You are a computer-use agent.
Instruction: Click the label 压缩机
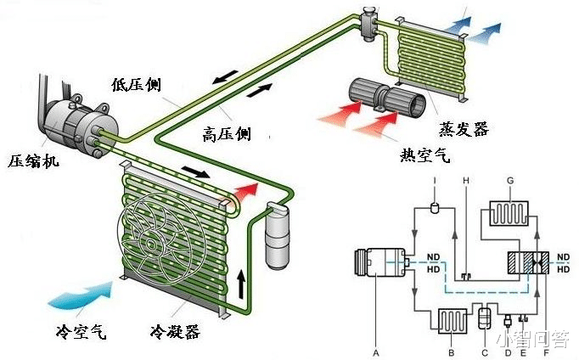[34, 160]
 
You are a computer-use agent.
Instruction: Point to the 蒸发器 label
[464, 129]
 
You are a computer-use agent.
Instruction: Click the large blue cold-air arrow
[81, 294]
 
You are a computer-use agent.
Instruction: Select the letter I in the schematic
[434, 181]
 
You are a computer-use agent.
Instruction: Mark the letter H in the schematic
[465, 181]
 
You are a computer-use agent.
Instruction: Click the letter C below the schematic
[483, 349]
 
